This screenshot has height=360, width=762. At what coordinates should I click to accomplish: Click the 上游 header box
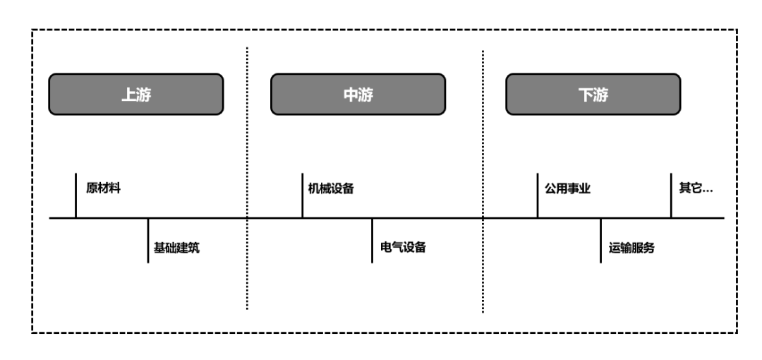pos(135,95)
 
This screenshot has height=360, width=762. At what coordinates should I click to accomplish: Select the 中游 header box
pos(358,95)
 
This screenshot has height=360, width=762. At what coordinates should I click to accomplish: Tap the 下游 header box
pos(593,95)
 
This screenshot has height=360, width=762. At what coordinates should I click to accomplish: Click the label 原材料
pos(99,188)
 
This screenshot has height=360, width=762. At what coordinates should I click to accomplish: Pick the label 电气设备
pos(403,248)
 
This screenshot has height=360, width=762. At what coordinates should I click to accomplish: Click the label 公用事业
pos(567,188)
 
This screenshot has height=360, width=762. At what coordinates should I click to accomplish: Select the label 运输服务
pos(632,248)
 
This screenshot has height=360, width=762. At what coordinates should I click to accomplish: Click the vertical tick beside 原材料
pos(75,196)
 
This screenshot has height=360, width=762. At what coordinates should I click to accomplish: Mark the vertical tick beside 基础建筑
pos(148,241)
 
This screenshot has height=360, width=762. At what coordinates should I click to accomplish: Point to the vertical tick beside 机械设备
pos(303,196)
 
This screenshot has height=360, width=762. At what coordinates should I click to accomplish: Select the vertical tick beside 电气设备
pos(372,241)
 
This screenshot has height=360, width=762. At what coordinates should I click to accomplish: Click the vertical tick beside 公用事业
pos(538,196)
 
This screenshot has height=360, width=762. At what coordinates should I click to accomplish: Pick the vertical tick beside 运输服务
pos(600,241)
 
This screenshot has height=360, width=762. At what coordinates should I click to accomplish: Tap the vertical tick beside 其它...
pos(671,196)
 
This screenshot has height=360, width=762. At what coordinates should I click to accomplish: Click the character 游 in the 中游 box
pos(365,95)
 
